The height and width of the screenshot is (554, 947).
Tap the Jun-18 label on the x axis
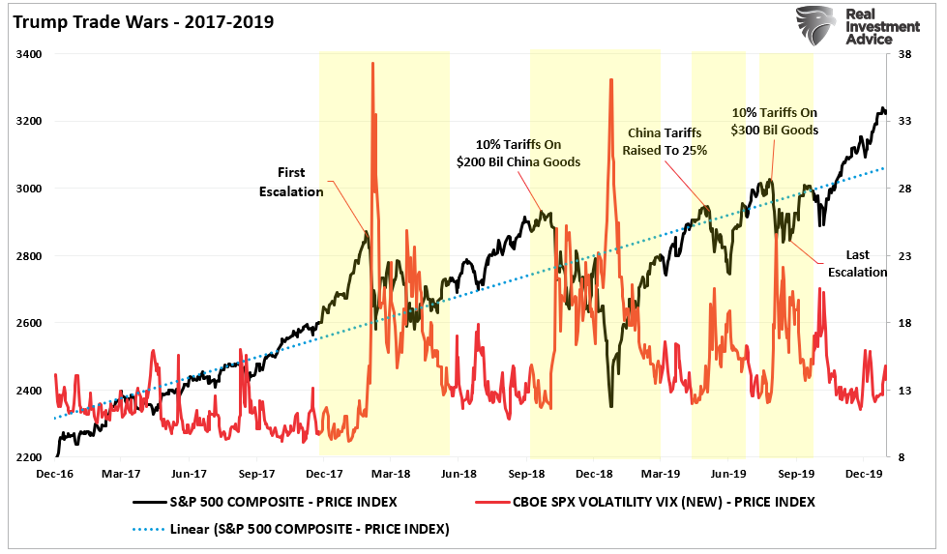459,475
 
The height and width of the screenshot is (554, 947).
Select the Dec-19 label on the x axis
863,475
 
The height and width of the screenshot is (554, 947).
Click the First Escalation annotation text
291,182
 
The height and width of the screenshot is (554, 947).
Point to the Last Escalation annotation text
857,263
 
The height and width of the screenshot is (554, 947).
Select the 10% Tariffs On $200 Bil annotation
519,153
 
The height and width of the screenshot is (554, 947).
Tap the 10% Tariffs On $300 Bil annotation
775,121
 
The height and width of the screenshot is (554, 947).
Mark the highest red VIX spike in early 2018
372,63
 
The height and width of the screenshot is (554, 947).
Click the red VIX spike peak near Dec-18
611,79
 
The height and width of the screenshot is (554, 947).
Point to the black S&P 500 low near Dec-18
611,406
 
